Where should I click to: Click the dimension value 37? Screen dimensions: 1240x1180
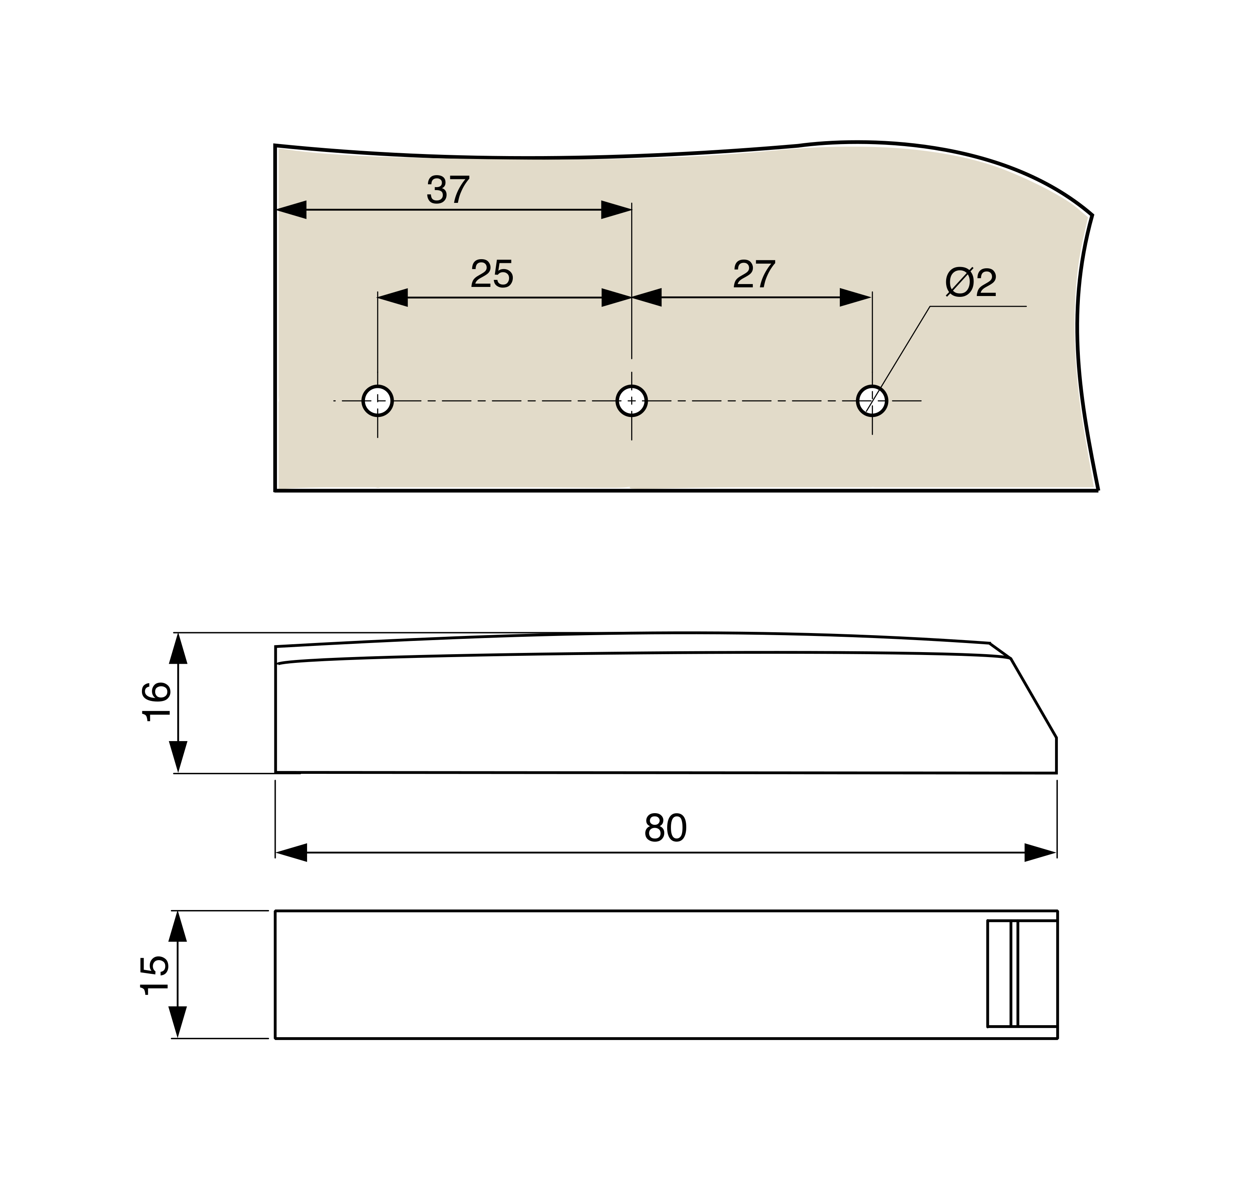tap(448, 189)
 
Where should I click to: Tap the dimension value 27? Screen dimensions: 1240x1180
tap(754, 274)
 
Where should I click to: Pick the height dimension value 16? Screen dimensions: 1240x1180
tap(156, 701)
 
